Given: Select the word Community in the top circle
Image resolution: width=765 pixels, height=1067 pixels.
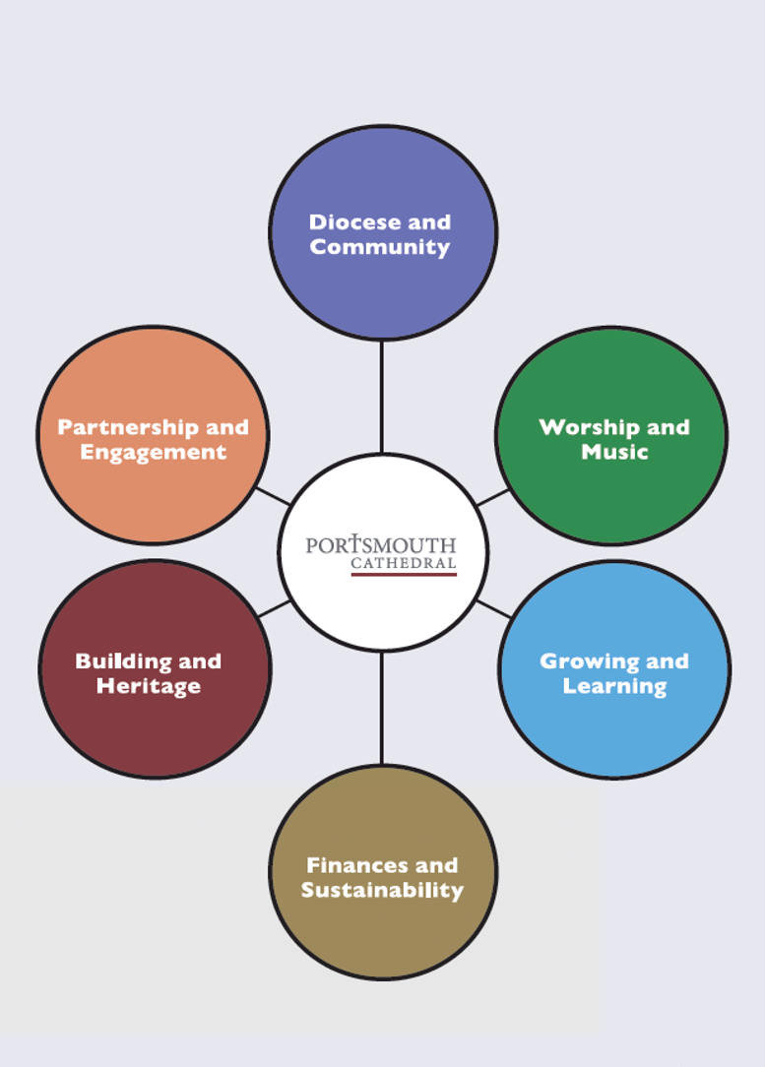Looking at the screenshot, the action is point(379,247).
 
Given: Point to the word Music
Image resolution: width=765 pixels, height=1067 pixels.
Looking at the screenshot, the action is point(614,452).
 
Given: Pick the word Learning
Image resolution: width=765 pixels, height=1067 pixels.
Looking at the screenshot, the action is point(614,686).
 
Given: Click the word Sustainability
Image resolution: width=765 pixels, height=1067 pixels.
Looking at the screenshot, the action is point(382,890).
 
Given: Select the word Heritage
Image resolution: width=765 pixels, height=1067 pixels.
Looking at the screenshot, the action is point(149,686).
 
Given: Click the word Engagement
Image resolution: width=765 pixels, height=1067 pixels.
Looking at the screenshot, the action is point(153,452).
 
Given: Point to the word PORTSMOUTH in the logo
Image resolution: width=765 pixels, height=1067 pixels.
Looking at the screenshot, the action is point(381,545).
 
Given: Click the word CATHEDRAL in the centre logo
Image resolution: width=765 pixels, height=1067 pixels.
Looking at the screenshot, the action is point(404,564).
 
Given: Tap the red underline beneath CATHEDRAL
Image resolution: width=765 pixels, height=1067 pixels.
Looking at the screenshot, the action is point(404,574).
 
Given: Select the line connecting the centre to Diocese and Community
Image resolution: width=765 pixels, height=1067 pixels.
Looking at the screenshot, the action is point(381,396).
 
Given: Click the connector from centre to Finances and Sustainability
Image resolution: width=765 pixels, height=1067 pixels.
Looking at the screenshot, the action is point(381,707).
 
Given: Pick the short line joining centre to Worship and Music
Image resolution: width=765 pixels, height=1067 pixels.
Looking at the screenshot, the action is point(492,497).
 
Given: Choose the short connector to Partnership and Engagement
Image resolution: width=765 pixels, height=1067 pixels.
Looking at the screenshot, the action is point(273,495).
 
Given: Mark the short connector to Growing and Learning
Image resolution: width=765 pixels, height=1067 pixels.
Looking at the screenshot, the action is point(492,608).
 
